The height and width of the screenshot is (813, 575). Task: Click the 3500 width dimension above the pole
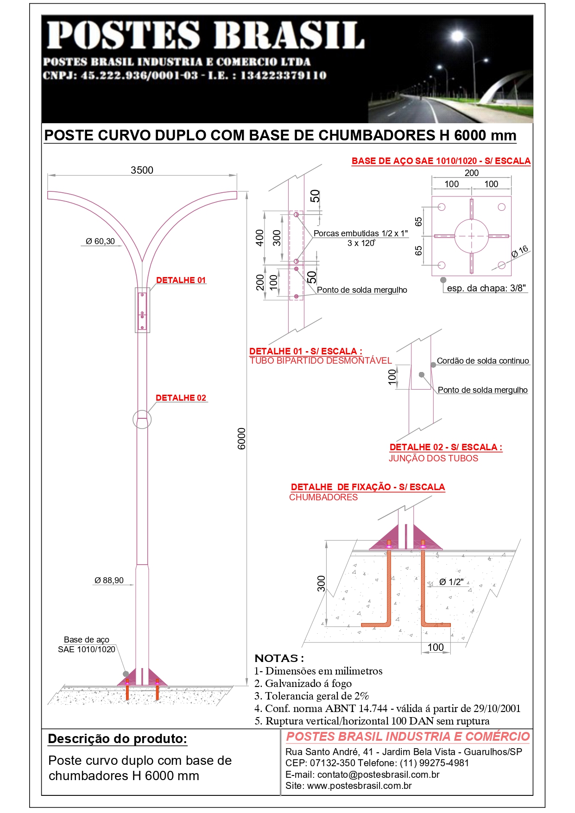coord(142,170)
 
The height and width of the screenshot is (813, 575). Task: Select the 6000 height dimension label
coord(241,438)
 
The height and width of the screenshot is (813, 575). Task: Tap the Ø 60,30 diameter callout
coord(100,241)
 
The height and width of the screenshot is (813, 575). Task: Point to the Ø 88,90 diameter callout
coord(109,580)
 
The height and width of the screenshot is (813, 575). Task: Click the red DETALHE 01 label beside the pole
coord(181,280)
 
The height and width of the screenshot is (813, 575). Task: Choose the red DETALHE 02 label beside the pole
coord(181,398)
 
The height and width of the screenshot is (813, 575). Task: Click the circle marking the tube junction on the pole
coord(142,419)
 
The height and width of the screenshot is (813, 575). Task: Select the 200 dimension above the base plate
coord(472,173)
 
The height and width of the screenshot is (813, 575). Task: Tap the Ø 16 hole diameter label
coord(520,252)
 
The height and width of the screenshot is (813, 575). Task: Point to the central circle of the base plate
coord(471,236)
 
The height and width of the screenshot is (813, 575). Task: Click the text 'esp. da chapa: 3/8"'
coord(487,288)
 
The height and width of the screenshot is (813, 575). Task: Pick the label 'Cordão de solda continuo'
coord(483,361)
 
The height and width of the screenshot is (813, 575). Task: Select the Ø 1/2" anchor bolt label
coord(451,582)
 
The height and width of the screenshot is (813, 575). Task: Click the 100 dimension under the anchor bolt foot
coord(436,647)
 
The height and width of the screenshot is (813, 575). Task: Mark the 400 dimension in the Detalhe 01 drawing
coord(260,238)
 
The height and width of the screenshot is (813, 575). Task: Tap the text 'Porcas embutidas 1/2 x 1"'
coord(360,233)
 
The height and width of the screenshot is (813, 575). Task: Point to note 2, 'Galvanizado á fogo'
coord(303,683)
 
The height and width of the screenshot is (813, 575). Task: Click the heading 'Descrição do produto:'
coord(118,739)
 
